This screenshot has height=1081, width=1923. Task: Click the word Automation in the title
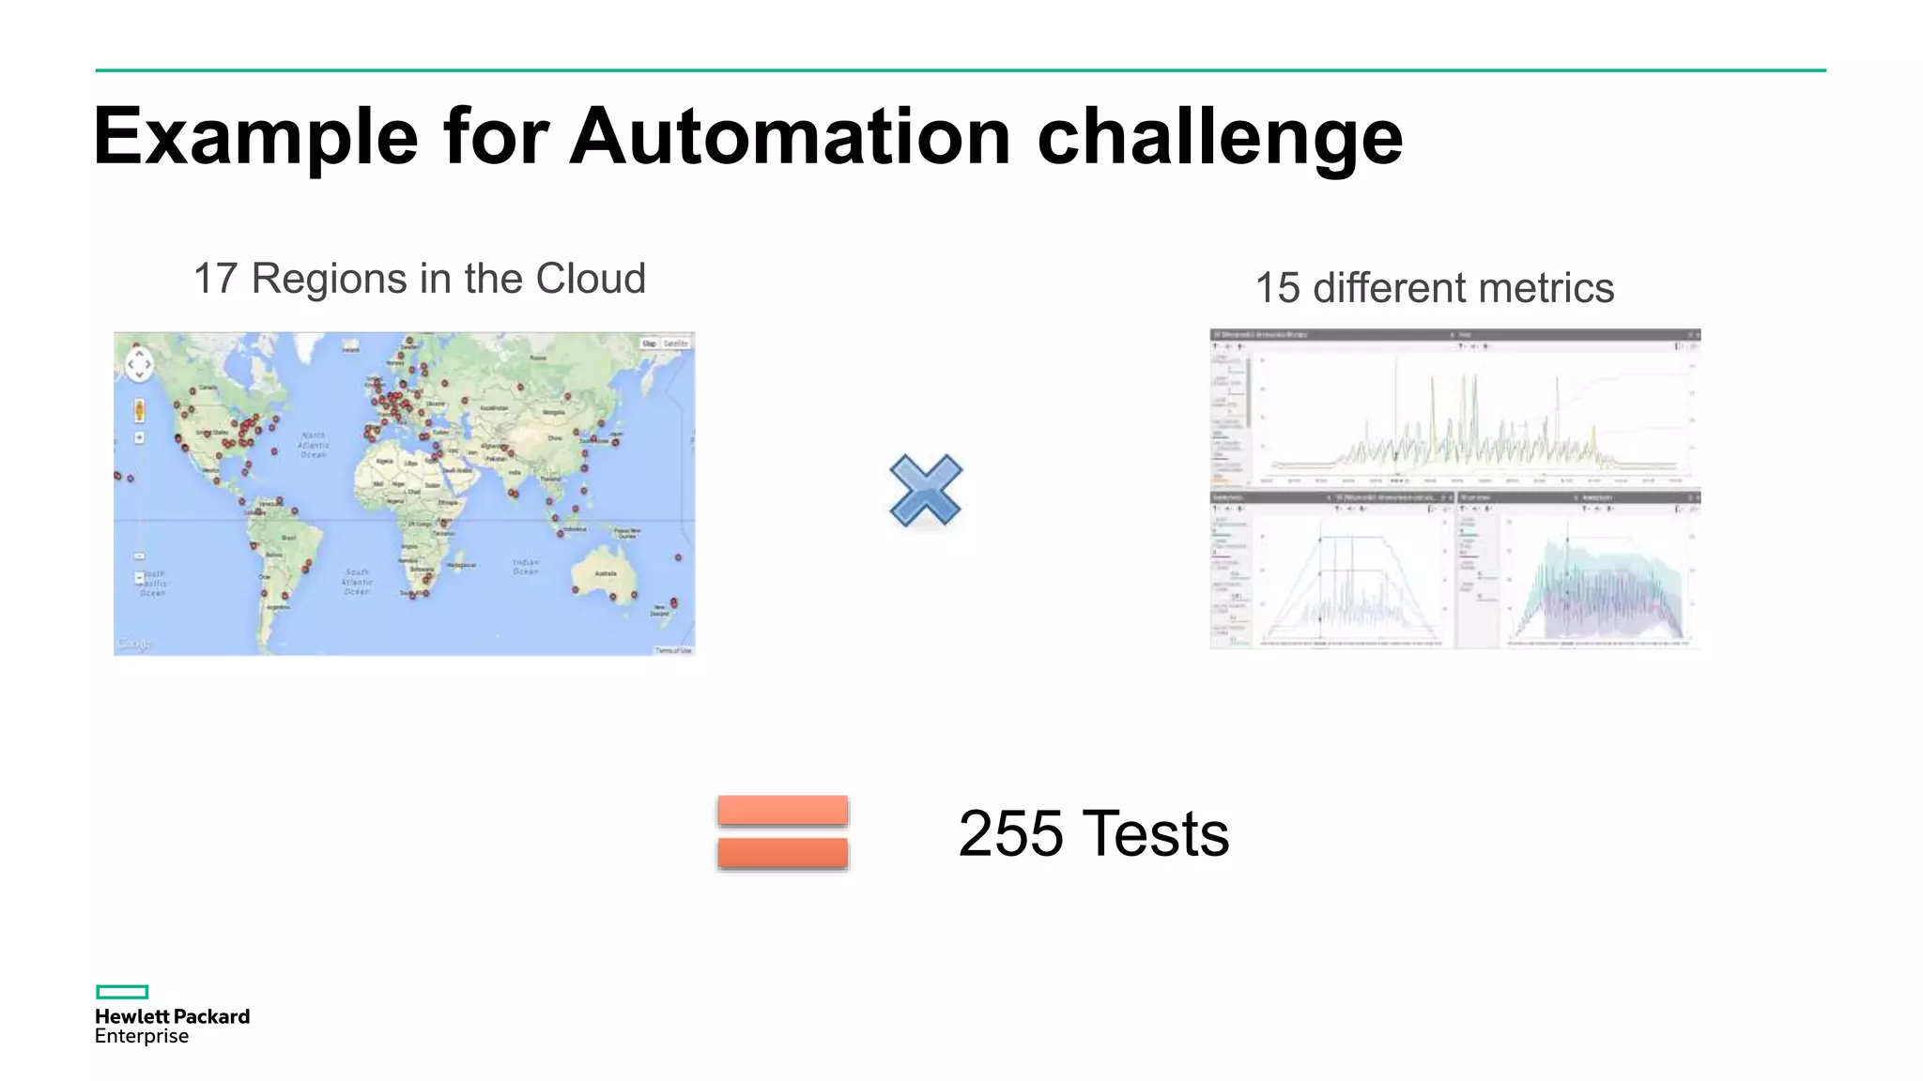790,137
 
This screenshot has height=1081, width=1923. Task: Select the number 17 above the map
215,279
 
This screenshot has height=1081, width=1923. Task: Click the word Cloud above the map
591,279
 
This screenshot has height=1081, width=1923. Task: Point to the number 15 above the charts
1277,288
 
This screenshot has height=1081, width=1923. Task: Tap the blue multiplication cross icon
926,490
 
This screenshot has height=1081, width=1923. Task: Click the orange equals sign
783,832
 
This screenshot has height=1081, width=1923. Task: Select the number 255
1010,833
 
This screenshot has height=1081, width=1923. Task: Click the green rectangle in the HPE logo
122,992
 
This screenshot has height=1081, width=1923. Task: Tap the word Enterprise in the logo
142,1036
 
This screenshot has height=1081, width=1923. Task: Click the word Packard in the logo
212,1016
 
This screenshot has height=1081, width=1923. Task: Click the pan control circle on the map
139,363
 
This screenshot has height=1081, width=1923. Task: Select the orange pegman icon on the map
139,410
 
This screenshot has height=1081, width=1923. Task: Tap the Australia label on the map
606,572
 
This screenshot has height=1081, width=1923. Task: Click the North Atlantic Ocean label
314,445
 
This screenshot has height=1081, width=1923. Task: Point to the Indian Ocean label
526,567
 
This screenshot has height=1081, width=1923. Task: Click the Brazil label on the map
288,538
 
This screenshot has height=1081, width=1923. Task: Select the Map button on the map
650,343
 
